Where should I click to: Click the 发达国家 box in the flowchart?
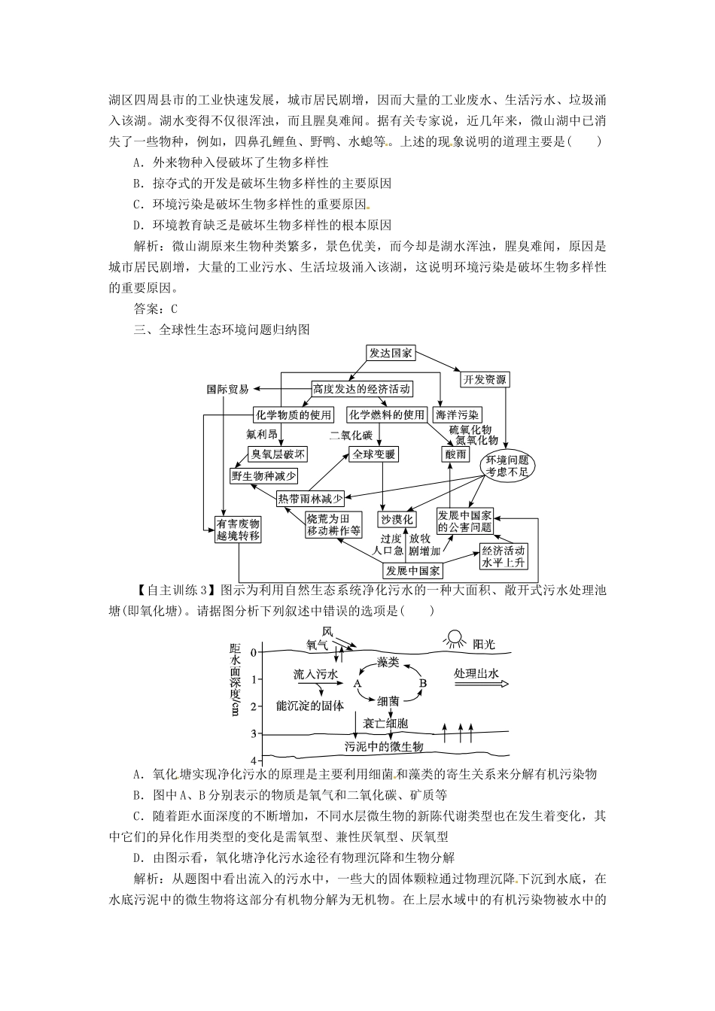(391, 353)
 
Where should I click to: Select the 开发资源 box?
(485, 379)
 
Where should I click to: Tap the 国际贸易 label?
(228, 390)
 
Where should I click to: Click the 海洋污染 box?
(458, 414)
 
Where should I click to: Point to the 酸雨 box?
(455, 454)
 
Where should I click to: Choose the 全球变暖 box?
(373, 454)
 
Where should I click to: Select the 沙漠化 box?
(397, 519)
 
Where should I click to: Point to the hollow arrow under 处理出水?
(480, 685)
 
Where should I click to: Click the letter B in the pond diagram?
(423, 682)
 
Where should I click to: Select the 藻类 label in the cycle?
(388, 662)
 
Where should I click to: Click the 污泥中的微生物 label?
(385, 746)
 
